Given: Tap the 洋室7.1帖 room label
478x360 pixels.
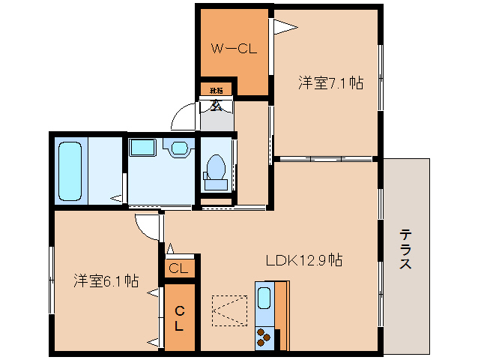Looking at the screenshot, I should coord(330,83).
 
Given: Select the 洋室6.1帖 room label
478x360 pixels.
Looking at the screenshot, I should coord(106,281).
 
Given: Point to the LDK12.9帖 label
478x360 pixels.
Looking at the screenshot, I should coord(304,261).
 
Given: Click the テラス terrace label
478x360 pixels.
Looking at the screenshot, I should coord(405,249).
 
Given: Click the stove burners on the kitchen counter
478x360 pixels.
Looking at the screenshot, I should coord(264,337).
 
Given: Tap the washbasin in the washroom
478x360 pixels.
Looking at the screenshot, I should coord(179,148).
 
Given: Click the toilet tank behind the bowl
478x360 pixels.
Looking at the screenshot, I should coord(217,183).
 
